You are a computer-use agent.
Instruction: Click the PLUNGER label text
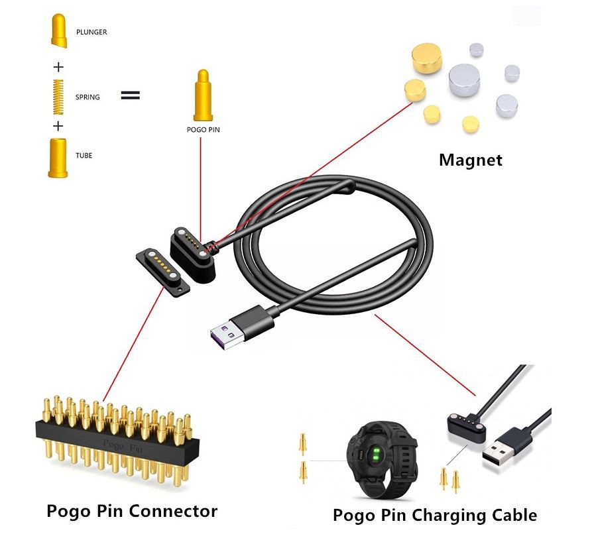click(x=91, y=32)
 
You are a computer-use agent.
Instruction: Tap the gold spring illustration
click(x=58, y=95)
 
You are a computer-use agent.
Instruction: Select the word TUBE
click(x=84, y=156)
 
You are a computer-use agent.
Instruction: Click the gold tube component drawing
click(x=57, y=157)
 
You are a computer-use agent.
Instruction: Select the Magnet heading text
click(x=471, y=160)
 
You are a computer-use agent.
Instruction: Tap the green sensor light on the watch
click(x=375, y=456)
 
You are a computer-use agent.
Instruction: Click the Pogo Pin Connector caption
click(x=132, y=511)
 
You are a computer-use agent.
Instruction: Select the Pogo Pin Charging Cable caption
click(x=435, y=515)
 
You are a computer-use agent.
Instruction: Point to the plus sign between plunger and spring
click(x=58, y=66)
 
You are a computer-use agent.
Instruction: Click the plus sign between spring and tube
click(x=58, y=126)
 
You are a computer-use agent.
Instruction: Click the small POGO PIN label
click(x=203, y=130)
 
